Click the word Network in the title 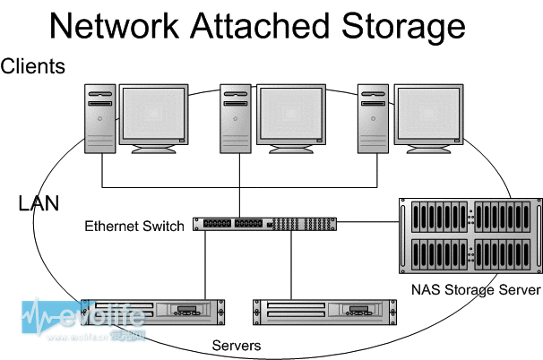point(114,26)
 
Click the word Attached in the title point(260,26)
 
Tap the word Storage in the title point(403,29)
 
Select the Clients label point(32,66)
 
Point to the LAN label point(39,203)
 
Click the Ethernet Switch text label point(134,226)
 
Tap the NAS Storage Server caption point(476,290)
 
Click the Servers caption point(237,346)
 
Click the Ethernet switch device point(264,224)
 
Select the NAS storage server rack point(470,236)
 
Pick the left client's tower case point(100,118)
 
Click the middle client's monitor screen point(291,114)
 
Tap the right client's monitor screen point(428,114)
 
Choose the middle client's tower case point(236,118)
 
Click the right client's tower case point(373,118)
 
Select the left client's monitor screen point(154,114)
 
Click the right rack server point(325,313)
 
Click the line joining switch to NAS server point(367,222)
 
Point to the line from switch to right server point(291,265)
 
